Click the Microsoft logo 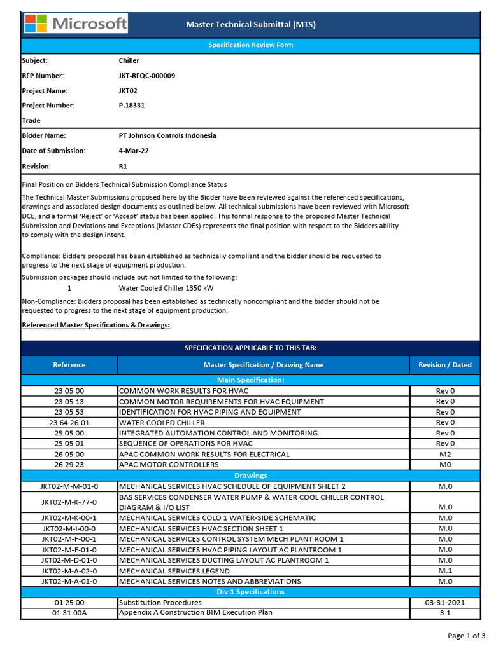[76, 24]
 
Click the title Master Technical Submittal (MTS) [250, 25]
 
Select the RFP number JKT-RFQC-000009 [146, 76]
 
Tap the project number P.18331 [131, 106]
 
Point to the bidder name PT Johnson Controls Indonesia [167, 135]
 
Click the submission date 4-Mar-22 [134, 151]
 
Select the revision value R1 [123, 167]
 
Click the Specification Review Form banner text [250, 45]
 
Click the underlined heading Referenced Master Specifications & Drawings [96, 325]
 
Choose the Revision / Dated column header [444, 365]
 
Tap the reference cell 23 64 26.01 [69, 423]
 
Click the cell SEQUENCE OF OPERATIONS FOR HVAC [185, 444]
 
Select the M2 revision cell [444, 454]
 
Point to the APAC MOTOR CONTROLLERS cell [169, 465]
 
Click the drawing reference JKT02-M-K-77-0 [69, 502]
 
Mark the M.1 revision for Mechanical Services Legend [444, 571]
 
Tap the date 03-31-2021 [444, 602]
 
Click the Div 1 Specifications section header [250, 592]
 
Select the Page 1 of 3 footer [466, 636]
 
